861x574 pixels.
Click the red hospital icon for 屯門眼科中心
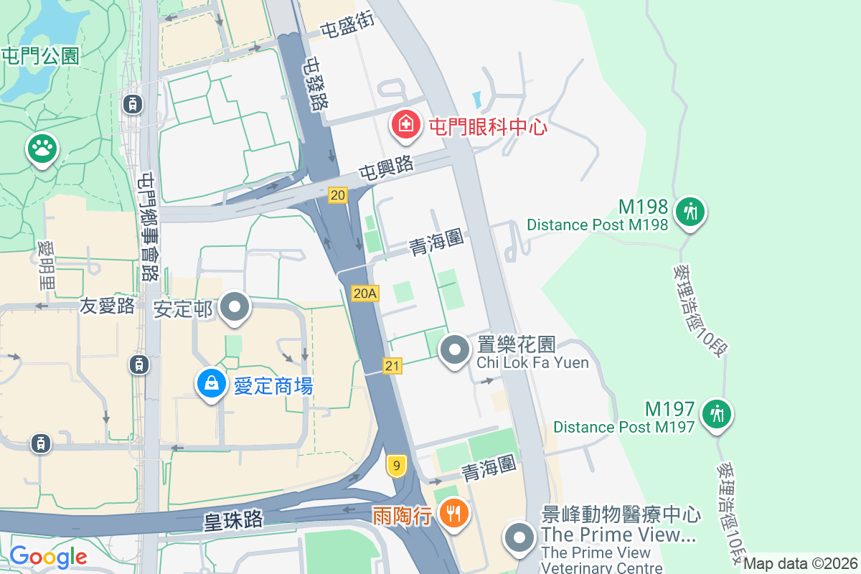(x=406, y=124)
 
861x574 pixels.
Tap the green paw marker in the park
(x=42, y=149)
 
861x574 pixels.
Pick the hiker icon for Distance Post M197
(x=716, y=414)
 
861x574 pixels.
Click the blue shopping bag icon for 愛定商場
(x=212, y=384)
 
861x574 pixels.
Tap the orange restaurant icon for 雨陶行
(x=453, y=514)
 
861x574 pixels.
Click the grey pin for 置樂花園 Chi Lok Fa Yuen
(x=454, y=350)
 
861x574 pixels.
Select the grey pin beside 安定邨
(x=234, y=308)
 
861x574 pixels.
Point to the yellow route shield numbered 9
(x=395, y=466)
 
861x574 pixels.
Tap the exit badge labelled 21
(x=392, y=366)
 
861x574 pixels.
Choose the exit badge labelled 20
(x=338, y=194)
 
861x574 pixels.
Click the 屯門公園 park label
(x=40, y=55)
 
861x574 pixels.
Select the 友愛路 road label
(x=107, y=306)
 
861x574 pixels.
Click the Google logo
(x=48, y=556)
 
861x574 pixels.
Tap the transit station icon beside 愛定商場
(x=138, y=364)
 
